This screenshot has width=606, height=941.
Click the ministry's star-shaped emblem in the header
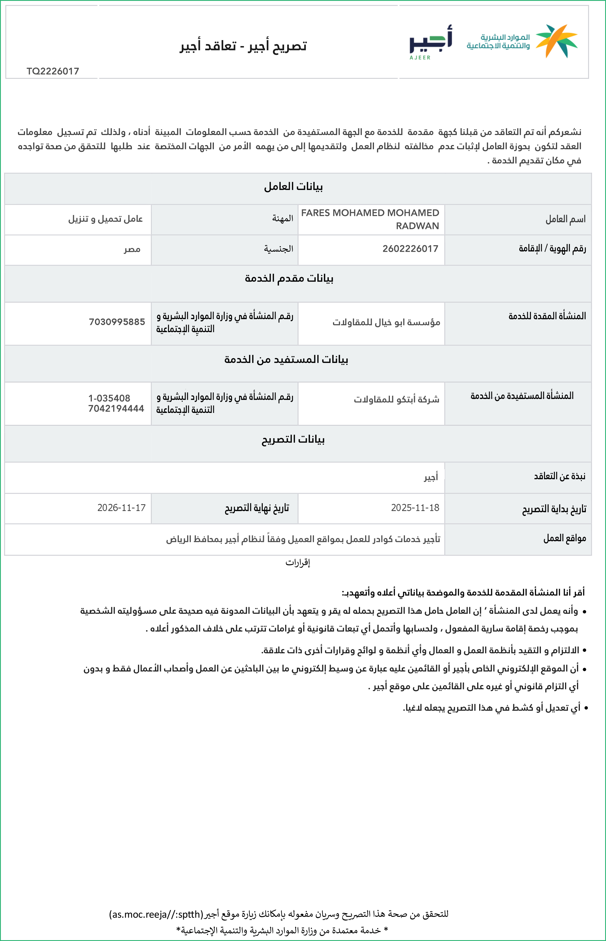click(557, 40)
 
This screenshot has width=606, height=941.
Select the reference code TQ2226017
click(53, 71)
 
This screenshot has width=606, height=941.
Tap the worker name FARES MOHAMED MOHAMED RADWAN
click(370, 219)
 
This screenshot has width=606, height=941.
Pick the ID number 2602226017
click(410, 249)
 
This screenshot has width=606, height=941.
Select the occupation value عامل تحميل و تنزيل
click(106, 219)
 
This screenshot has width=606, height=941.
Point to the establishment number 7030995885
click(117, 322)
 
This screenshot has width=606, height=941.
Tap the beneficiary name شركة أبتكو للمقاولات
click(396, 400)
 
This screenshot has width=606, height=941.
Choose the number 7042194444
click(116, 408)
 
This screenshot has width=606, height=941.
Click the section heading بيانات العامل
click(293, 187)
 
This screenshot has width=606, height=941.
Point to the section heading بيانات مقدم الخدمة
click(289, 278)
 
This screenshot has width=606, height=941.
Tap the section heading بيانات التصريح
click(293, 439)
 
